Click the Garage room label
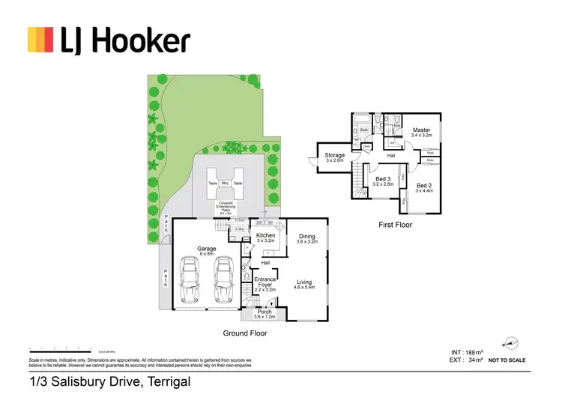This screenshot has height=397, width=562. [206, 248]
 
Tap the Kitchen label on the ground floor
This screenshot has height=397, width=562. [266, 236]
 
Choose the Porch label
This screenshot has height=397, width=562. [265, 313]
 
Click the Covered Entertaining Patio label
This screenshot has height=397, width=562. [224, 207]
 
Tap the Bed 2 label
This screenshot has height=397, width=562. [424, 186]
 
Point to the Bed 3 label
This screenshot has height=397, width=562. [383, 180]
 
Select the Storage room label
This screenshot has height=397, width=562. [334, 157]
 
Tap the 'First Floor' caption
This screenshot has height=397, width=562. [394, 224]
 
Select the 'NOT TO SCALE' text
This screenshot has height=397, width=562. [507, 360]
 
